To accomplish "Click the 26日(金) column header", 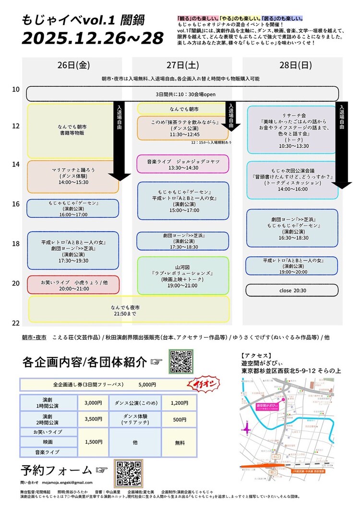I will pyautogui.click(x=72, y=65).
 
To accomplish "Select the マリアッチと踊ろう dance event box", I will pyautogui.click(x=72, y=177).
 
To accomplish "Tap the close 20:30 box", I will pyautogui.click(x=292, y=291).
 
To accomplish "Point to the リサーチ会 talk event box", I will pyautogui.click(x=292, y=129).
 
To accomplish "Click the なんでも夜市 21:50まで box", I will pyautogui.click(x=129, y=309).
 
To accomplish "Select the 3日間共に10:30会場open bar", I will pyautogui.click(x=182, y=94).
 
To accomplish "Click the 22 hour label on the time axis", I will pyautogui.click(x=16, y=323).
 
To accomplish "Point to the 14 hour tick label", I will pyautogui.click(x=16, y=165).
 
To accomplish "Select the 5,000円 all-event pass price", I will pyautogui.click(x=146, y=385).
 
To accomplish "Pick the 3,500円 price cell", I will pyautogui.click(x=93, y=419).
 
